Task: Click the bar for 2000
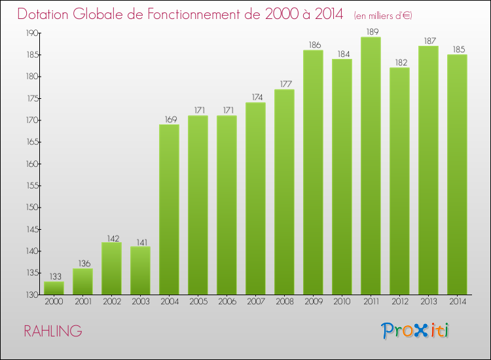tap(54, 288)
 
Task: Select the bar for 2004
tap(169, 209)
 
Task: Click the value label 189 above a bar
tap(371, 31)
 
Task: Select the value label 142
tap(111, 237)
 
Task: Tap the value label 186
tap(313, 45)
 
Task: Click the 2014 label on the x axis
tap(457, 302)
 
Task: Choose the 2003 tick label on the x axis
tap(140, 302)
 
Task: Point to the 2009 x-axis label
tap(313, 302)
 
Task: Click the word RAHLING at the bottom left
tap(53, 331)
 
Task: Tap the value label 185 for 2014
tap(457, 49)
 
